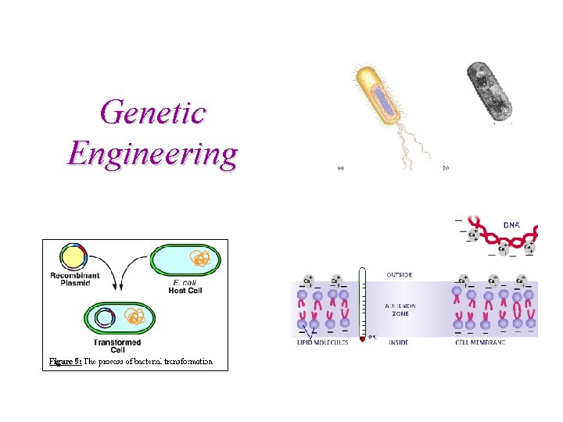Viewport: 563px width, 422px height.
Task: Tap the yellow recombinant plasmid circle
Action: [x=72, y=260]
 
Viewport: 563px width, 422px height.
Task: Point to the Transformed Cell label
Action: [x=117, y=346]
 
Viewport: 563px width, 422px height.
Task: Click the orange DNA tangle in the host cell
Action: [x=201, y=260]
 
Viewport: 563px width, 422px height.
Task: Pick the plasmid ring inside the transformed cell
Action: [x=105, y=317]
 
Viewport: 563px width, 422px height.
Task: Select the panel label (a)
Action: [x=340, y=167]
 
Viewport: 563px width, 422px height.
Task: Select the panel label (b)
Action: [x=446, y=167]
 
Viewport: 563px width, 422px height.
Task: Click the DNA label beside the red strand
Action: [x=511, y=224]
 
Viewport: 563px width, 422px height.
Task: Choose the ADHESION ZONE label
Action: [x=404, y=308]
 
